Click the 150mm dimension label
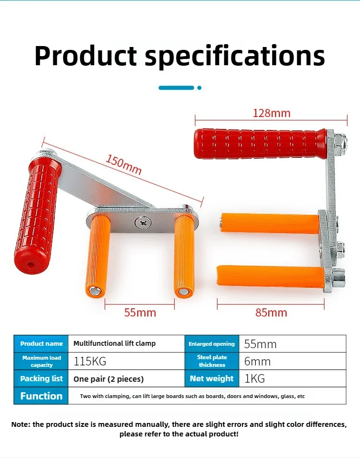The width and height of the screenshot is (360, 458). (123, 165)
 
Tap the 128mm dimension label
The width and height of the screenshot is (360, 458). (271, 113)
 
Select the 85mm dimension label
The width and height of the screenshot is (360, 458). (271, 313)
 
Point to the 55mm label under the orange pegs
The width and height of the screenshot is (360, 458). (140, 313)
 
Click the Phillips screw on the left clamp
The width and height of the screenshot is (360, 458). (143, 223)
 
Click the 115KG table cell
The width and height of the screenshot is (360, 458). (90, 361)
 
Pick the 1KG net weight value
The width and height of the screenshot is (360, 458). (254, 378)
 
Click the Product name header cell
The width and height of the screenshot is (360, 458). (41, 343)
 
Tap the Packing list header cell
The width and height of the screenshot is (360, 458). (41, 378)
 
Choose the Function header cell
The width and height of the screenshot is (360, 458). (41, 396)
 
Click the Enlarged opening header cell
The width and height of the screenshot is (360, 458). (212, 344)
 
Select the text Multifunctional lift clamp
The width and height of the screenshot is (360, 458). (114, 343)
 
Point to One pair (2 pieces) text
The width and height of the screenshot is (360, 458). (108, 379)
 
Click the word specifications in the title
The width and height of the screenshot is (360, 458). (235, 56)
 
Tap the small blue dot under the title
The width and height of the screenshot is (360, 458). (199, 88)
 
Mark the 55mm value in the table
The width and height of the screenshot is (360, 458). (260, 344)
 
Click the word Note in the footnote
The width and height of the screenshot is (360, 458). (20, 424)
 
